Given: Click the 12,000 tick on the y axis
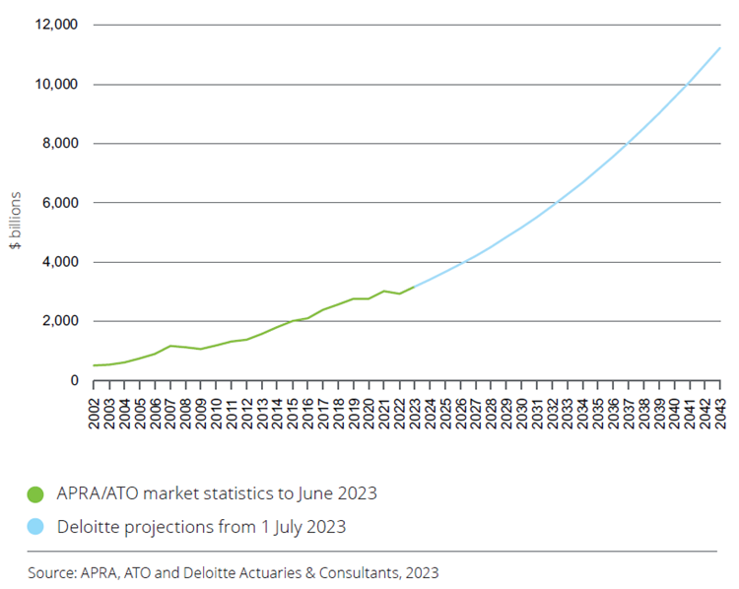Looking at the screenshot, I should [x=56, y=25].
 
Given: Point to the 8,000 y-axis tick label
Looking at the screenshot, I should [x=60, y=144].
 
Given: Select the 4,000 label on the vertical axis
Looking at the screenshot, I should [x=60, y=262].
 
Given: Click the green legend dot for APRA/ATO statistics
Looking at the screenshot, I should [x=35, y=492].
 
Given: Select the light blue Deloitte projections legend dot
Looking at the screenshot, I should [x=35, y=527].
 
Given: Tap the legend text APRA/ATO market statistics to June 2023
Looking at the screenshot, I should [x=216, y=492].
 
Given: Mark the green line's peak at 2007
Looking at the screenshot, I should [x=171, y=346].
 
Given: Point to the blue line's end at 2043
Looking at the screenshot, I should [x=720, y=47].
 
